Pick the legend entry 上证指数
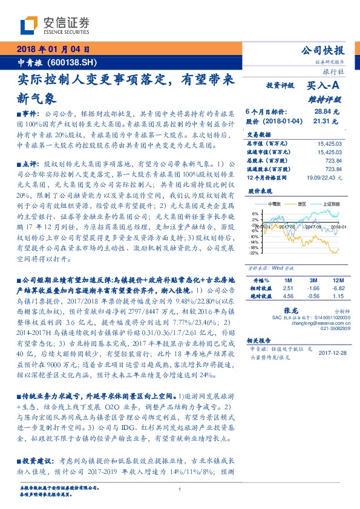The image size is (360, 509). point(325,204)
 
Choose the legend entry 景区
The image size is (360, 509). point(300,204)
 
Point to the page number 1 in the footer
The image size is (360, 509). point(180,489)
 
